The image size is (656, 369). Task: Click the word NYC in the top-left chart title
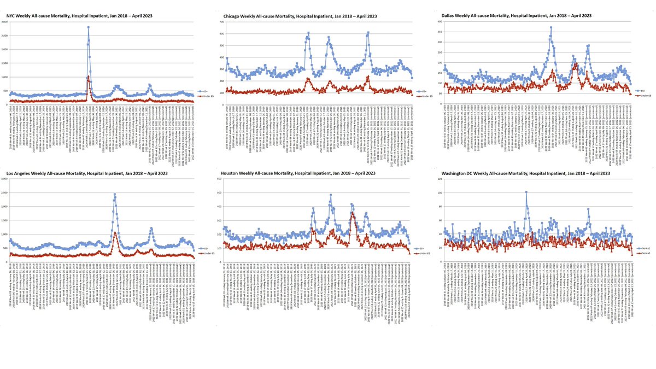click(x=11, y=16)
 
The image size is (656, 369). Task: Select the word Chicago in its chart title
click(x=232, y=16)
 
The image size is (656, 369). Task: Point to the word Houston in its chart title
click(x=233, y=173)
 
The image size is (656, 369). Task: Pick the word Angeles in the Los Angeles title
click(x=26, y=173)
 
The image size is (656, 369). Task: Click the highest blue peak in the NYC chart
click(x=88, y=27)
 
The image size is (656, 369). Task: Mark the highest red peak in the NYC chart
click(x=88, y=77)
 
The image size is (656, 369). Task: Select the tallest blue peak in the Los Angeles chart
click(x=115, y=194)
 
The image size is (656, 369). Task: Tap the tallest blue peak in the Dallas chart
click(x=551, y=27)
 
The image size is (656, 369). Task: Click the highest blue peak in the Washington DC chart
click(x=526, y=192)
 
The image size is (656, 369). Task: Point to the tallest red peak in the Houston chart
click(x=353, y=214)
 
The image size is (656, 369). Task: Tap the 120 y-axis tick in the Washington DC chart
click(x=440, y=179)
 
